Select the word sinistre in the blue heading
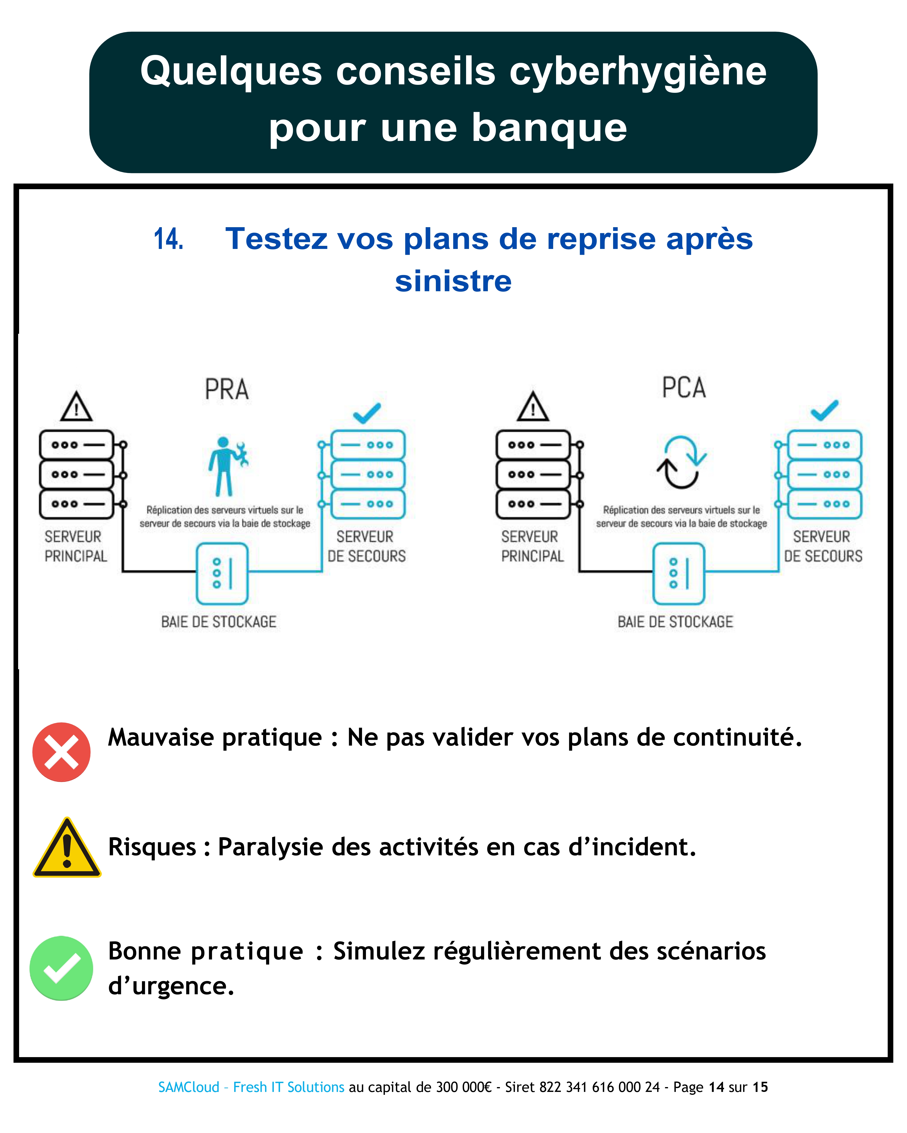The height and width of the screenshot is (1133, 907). [453, 281]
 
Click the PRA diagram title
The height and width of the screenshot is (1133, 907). [227, 389]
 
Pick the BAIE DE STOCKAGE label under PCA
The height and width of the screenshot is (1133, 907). [675, 622]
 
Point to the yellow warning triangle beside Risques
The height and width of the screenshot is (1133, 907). [67, 848]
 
